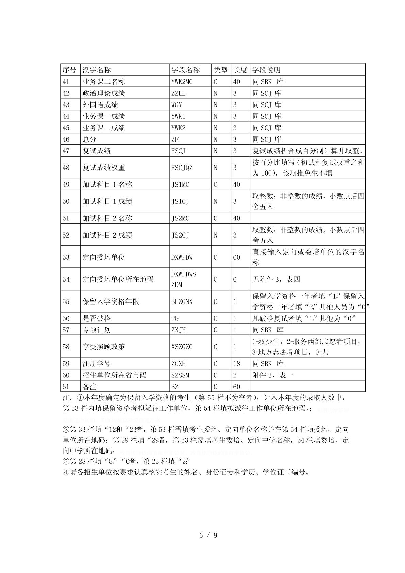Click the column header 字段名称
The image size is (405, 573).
click(x=185, y=70)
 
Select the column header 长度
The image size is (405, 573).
click(x=240, y=70)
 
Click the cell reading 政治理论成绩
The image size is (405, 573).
click(x=104, y=93)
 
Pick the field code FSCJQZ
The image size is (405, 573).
click(x=182, y=168)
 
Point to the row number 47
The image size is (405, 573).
click(x=66, y=151)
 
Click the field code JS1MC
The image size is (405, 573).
click(x=180, y=185)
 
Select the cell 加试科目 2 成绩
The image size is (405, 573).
click(x=107, y=235)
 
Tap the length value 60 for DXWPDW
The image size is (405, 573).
click(x=237, y=257)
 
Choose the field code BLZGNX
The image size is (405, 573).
click(x=182, y=302)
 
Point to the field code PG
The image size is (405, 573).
click(x=175, y=318)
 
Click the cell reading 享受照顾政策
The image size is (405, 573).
click(x=104, y=347)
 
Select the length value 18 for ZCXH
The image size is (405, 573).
click(x=237, y=364)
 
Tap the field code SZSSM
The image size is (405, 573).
click(x=180, y=375)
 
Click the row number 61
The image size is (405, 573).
click(x=66, y=387)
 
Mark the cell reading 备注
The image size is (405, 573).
click(x=90, y=387)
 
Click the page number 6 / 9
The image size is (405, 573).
click(x=208, y=535)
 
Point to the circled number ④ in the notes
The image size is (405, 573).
click(x=66, y=472)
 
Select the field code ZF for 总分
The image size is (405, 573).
click(x=175, y=139)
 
